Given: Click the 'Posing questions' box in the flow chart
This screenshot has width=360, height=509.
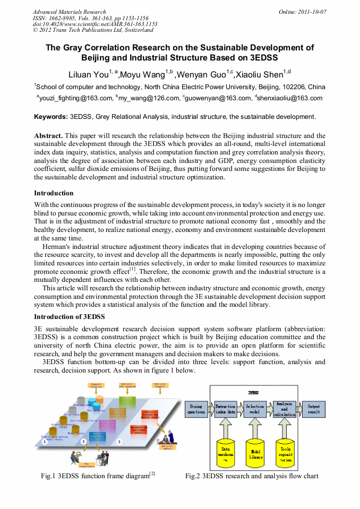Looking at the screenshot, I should pyautogui.click(x=196, y=409).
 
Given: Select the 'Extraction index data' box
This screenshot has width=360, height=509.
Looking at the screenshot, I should pyautogui.click(x=226, y=409).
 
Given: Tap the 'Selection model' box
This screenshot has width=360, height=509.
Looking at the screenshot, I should pyautogui.click(x=255, y=409).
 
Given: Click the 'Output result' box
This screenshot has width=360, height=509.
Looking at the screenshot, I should pyautogui.click(x=314, y=409).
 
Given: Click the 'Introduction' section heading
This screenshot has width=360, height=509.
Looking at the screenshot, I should pyautogui.click(x=54, y=193).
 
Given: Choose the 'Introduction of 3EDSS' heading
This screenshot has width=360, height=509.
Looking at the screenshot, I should pyautogui.click(x=69, y=317).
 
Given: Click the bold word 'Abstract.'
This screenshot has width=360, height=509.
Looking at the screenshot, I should pyautogui.click(x=48, y=136).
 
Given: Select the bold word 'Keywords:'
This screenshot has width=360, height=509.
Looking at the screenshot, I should pyautogui.click(x=51, y=116).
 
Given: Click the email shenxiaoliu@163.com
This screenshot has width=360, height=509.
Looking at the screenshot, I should pyautogui.click(x=290, y=98).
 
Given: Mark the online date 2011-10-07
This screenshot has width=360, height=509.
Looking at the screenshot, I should pyautogui.click(x=310, y=12).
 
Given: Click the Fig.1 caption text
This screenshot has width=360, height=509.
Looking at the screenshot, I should pyautogui.click(x=98, y=476).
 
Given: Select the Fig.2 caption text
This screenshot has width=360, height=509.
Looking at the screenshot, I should pyautogui.click(x=252, y=476).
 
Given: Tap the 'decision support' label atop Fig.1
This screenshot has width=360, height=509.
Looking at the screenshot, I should pyautogui.click(x=160, y=384).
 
